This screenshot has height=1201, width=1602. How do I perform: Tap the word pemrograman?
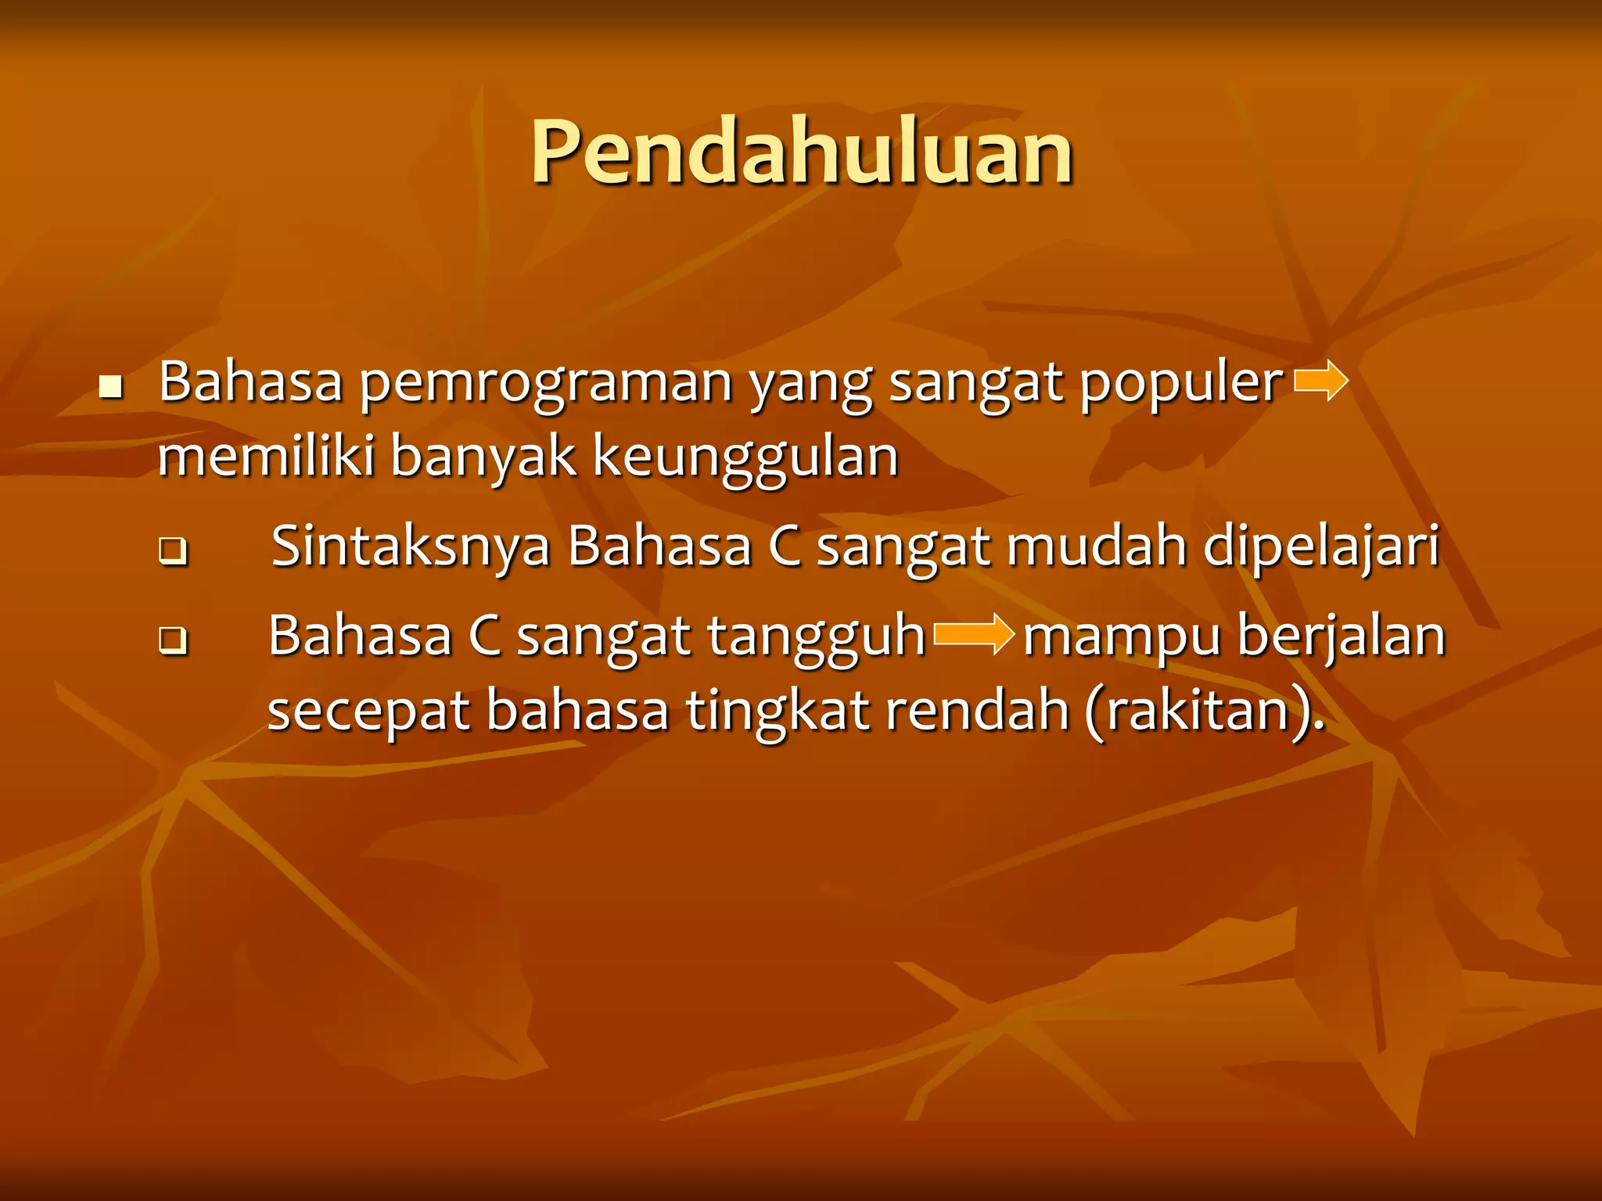(x=545, y=383)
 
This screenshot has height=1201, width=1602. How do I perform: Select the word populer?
(x=1181, y=383)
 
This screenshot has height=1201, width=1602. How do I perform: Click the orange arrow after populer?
(x=1321, y=382)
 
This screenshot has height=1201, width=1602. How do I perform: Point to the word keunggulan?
(x=745, y=457)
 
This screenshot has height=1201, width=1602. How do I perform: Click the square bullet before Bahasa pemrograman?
(x=111, y=386)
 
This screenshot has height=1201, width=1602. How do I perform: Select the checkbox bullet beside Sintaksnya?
(x=173, y=551)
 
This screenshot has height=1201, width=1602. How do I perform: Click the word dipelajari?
(x=1320, y=547)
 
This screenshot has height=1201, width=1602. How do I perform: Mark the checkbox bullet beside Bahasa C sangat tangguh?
(x=173, y=640)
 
